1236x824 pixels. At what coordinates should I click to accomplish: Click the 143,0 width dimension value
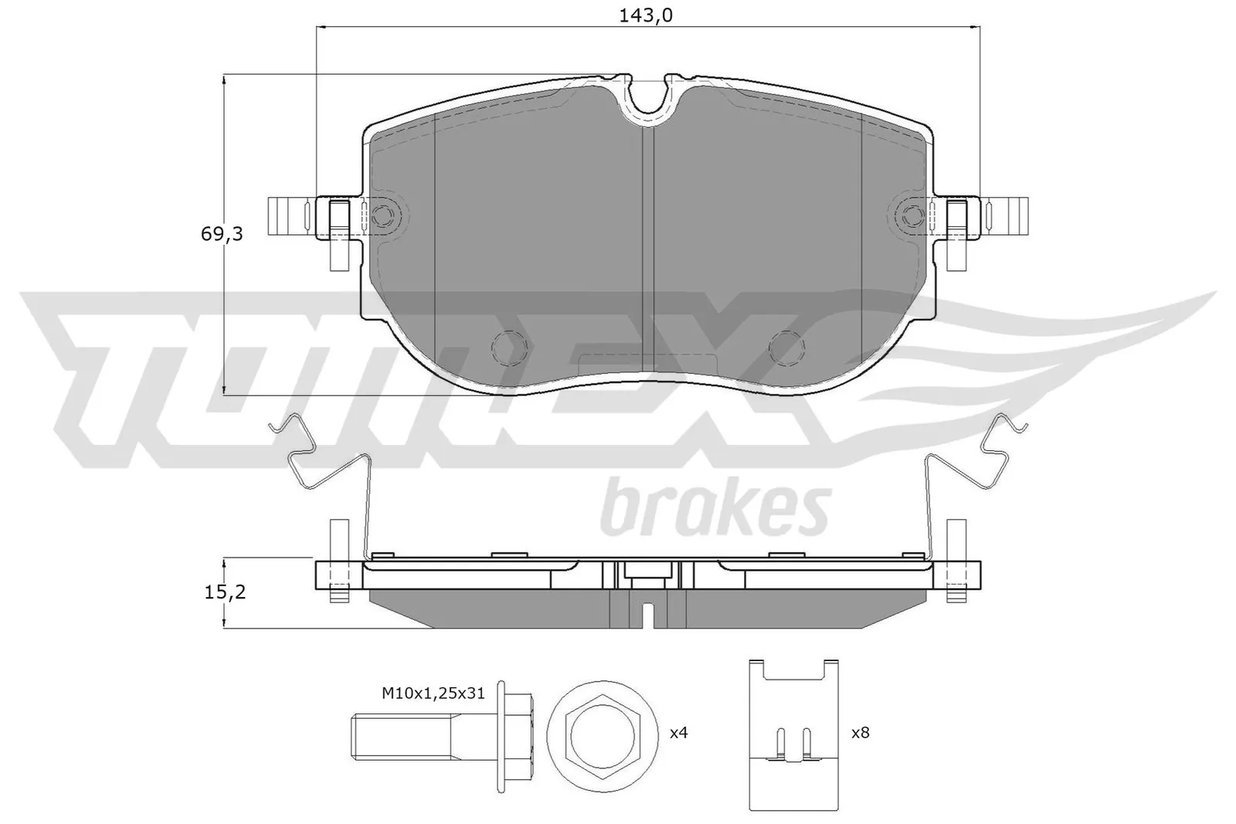[x=646, y=15]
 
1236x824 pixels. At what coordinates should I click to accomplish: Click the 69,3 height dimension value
[x=222, y=234]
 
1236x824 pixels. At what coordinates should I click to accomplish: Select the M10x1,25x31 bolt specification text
[x=433, y=693]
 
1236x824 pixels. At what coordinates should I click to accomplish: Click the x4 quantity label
[x=678, y=733]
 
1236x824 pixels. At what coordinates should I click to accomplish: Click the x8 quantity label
[x=860, y=733]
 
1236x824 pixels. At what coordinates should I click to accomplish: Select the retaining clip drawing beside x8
[x=793, y=734]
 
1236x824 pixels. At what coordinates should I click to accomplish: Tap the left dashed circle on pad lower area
[x=509, y=347]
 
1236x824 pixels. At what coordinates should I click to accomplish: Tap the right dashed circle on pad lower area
[x=786, y=347]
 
